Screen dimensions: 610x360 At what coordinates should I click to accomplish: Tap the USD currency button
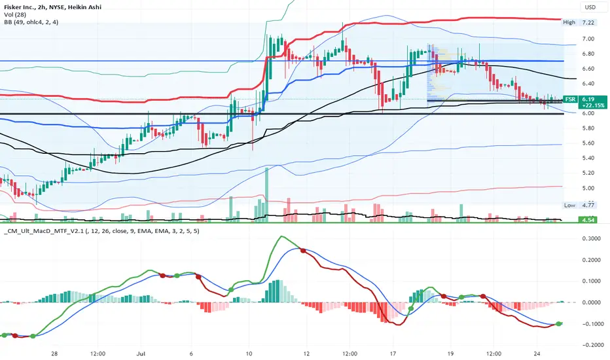pos(590,7)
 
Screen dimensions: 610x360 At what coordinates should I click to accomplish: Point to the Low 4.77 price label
pos(579,205)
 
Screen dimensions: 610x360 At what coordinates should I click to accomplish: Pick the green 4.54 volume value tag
pos(588,220)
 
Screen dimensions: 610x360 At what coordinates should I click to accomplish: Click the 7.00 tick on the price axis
pos(588,39)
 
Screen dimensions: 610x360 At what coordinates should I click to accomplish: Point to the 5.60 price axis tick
pos(588,143)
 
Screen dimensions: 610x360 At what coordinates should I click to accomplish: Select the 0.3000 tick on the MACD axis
pos(591,238)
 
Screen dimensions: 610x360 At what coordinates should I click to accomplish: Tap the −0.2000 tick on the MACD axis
pos(589,345)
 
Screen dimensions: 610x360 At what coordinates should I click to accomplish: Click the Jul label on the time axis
pos(141,353)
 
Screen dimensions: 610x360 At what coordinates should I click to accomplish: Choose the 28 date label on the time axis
pos(54,353)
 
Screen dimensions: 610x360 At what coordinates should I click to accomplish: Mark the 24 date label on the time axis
pos(537,353)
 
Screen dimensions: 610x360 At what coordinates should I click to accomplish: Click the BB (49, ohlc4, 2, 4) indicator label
pos(31,22)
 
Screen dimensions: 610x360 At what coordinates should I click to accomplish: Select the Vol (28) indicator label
pos(15,15)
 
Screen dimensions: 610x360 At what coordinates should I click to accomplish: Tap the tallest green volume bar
pos(267,195)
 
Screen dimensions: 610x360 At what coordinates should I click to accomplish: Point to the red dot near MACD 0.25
pos(302,250)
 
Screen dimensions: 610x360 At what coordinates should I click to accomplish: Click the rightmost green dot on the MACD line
pos(559,324)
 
